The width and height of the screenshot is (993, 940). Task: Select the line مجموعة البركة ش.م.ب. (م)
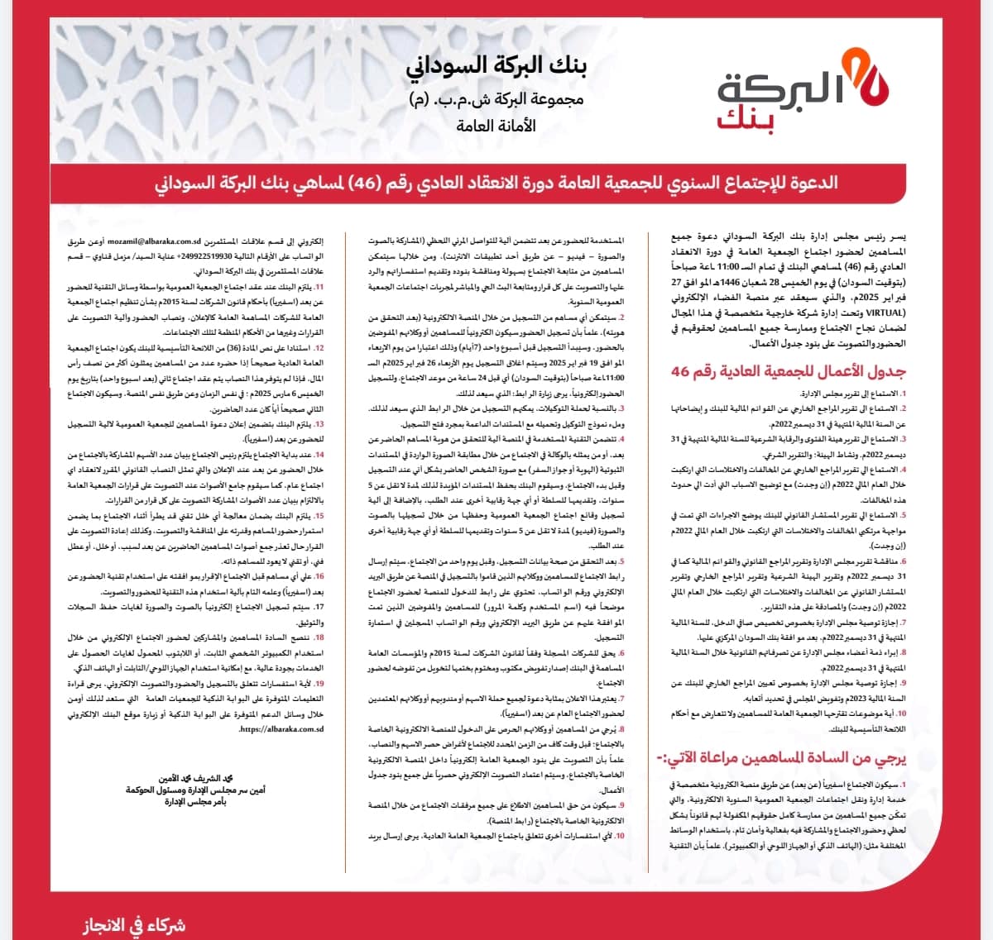tap(496, 100)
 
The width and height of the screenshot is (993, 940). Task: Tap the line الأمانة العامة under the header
tap(496, 126)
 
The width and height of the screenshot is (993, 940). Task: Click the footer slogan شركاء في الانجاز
tap(134, 924)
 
